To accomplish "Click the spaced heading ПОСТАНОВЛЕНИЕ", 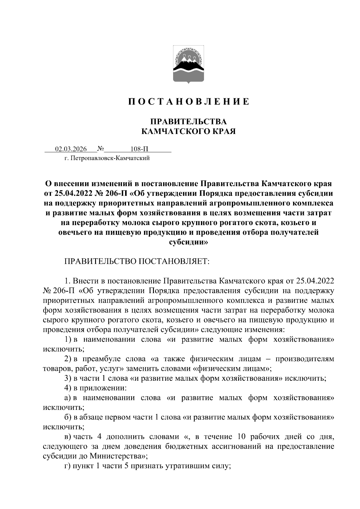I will coord(189,102).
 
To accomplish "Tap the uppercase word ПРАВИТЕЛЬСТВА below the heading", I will coord(188,122).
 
